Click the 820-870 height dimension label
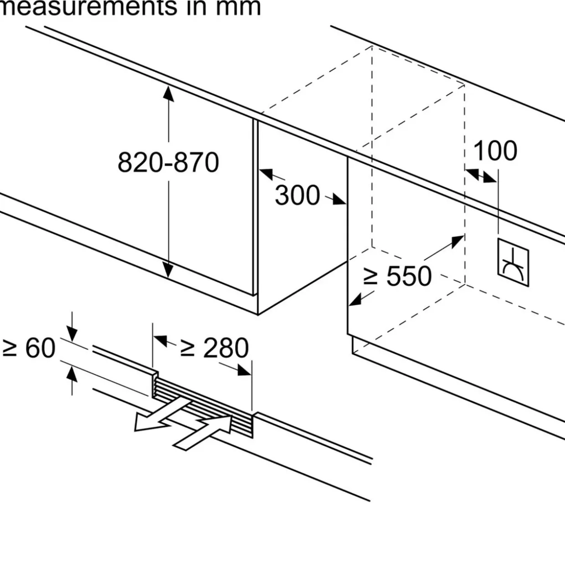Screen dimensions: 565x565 point(168,162)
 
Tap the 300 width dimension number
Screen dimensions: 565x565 point(298,195)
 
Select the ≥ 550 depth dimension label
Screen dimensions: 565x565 point(397,276)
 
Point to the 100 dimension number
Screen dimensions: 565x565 point(495,151)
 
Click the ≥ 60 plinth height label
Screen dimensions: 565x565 point(29,348)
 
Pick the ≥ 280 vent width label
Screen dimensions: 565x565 point(214,348)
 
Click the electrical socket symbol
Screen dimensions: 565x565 point(513,262)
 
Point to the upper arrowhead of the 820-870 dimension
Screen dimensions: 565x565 point(168,93)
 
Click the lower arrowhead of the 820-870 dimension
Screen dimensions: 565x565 point(168,270)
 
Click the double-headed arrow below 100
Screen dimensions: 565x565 point(481,175)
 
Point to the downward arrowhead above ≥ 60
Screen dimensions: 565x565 point(72,334)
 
